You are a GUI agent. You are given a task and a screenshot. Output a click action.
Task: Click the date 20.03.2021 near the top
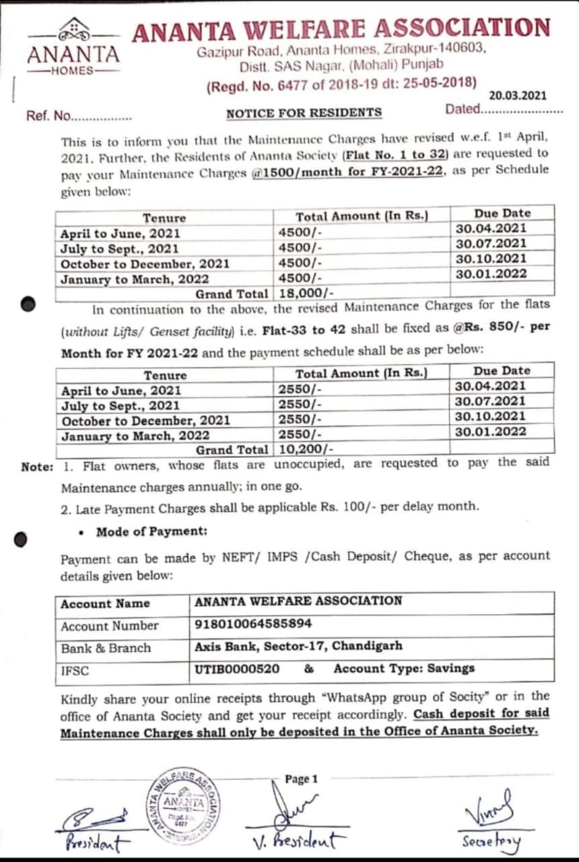tap(518, 96)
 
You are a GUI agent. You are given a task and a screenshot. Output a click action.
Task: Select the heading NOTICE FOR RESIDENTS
tap(304, 113)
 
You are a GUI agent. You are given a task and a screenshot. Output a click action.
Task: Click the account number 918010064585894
tap(253, 624)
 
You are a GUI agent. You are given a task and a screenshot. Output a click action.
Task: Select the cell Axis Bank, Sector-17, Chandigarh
tap(298, 646)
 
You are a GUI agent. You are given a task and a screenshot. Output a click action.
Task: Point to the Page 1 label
tap(301, 779)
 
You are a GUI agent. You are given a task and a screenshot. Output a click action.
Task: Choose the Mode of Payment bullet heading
tap(151, 531)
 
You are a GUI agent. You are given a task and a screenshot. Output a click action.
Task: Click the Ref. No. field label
tap(48, 115)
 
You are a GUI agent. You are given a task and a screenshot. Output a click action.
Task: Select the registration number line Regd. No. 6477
tap(341, 85)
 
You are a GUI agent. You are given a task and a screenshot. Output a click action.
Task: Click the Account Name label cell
tap(105, 603)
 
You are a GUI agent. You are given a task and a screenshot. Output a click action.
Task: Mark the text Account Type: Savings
tap(404, 669)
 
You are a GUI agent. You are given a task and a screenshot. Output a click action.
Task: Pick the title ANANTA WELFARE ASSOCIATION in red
tap(341, 30)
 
